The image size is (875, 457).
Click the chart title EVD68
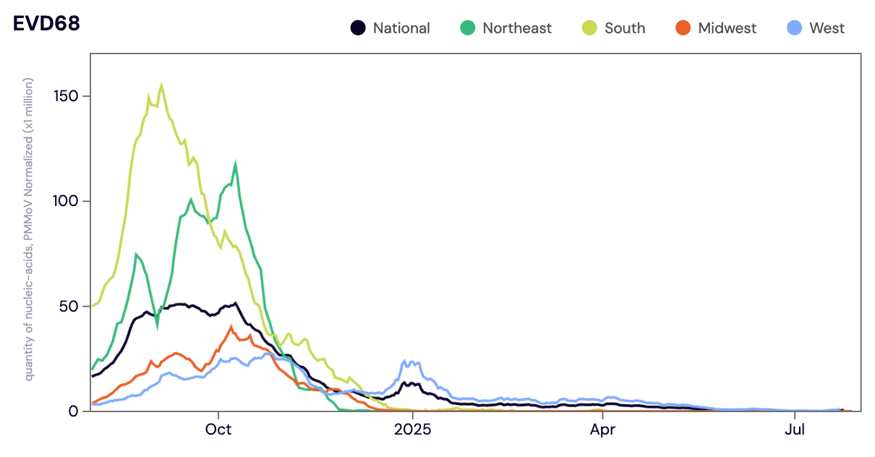[x=46, y=24]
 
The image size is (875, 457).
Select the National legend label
[x=401, y=28]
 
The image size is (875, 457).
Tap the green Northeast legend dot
[x=467, y=28]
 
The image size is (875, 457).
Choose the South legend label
[x=625, y=28]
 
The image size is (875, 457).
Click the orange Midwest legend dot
[x=683, y=28]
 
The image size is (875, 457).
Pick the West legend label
[x=827, y=28]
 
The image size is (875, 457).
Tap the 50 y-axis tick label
[x=69, y=306]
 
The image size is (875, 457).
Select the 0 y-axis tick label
[x=73, y=411]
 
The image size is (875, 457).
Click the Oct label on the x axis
[x=218, y=430]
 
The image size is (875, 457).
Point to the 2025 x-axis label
[x=412, y=430]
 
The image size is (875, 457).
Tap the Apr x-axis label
[x=602, y=430]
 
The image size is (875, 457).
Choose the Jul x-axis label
[x=795, y=430]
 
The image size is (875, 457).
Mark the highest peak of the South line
[x=161, y=85]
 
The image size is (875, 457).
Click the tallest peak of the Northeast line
[x=236, y=165]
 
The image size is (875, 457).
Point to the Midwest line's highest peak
[x=231, y=327]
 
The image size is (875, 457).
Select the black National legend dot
[x=357, y=28]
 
